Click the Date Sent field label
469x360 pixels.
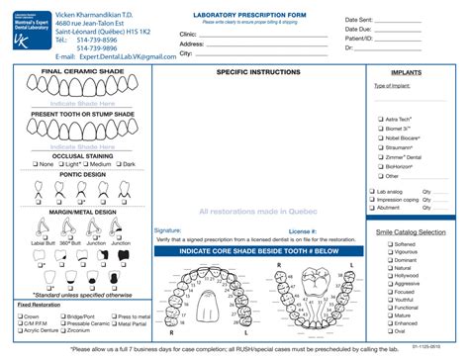[359, 20]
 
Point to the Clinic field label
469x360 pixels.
[188, 34]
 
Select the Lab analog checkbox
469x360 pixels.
[372, 191]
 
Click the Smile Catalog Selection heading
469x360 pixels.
[411, 232]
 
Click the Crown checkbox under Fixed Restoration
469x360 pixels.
[24, 315]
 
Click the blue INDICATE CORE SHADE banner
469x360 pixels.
[256, 251]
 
